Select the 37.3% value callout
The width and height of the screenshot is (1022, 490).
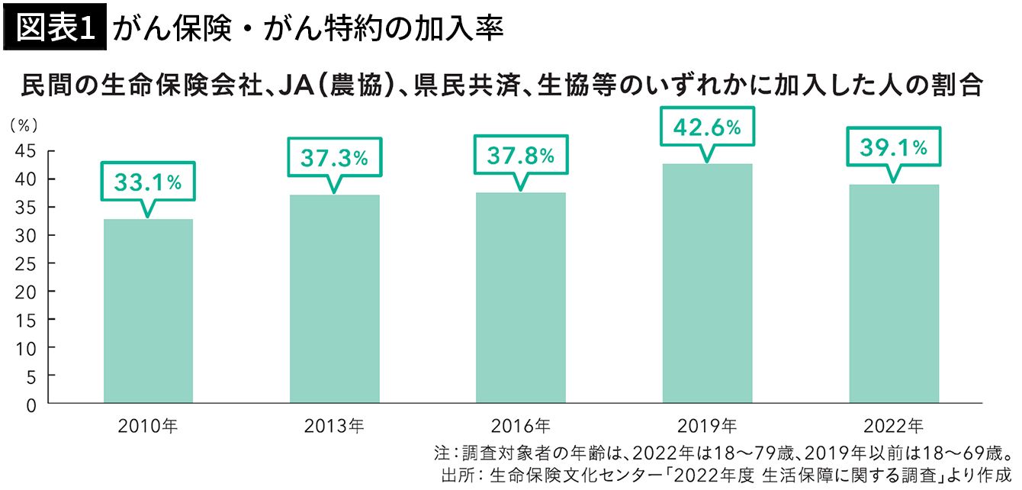tap(334, 157)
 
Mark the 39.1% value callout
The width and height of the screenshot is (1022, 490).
tap(894, 147)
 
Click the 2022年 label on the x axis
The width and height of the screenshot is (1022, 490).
tap(894, 424)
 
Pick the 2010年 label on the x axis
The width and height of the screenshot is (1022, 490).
tap(148, 424)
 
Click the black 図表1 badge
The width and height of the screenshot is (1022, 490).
tap(55, 28)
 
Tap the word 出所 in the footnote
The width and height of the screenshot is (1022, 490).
tap(456, 473)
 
